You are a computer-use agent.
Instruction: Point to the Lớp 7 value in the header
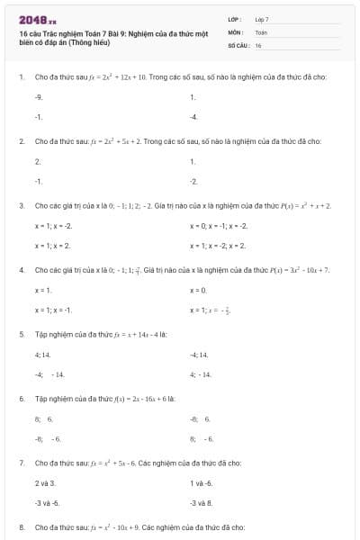[262, 19]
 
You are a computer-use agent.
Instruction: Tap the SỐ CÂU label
[238, 44]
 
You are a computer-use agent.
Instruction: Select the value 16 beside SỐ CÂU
[258, 44]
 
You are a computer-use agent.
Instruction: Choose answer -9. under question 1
[39, 96]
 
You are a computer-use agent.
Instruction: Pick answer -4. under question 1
[193, 117]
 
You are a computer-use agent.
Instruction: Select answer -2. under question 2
[193, 182]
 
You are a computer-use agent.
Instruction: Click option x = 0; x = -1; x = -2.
[219, 225]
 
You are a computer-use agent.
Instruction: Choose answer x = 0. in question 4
[199, 290]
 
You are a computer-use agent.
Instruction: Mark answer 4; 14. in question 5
[44, 355]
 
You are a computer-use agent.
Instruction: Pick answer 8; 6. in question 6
[44, 418]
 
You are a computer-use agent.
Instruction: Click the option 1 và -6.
[201, 483]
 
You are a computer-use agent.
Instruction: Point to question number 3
[21, 206]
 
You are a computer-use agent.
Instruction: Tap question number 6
[21, 398]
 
